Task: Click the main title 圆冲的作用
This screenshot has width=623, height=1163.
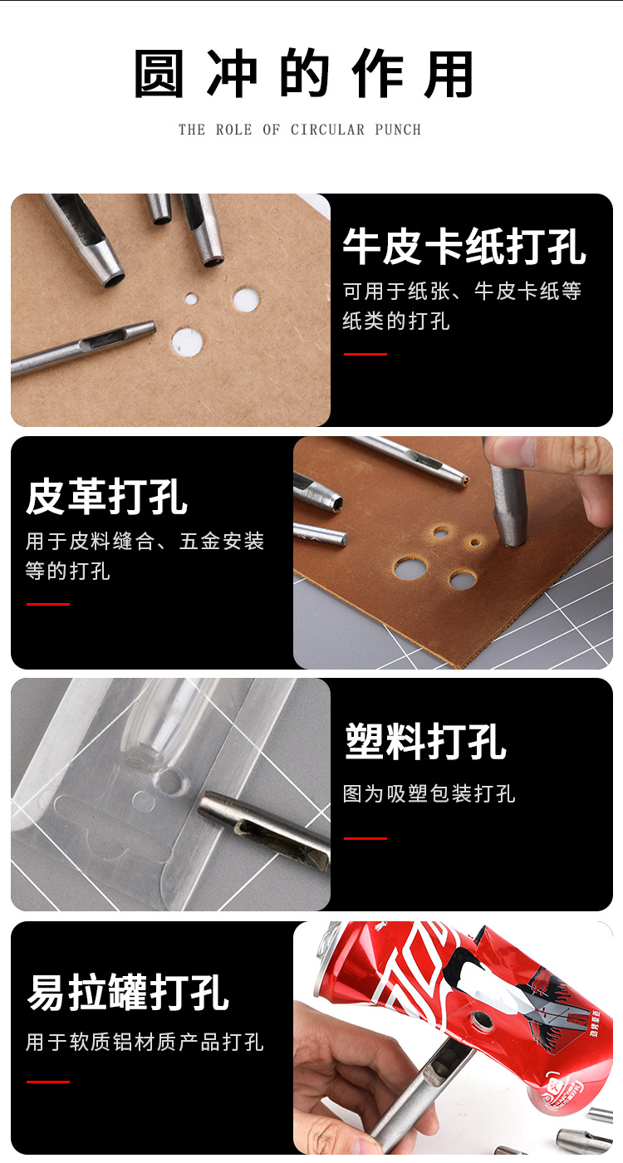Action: point(303,75)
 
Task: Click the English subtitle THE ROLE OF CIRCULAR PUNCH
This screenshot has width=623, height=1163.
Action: point(300,130)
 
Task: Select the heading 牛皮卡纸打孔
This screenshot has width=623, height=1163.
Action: point(464,247)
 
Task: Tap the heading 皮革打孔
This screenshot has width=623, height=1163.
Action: point(106,497)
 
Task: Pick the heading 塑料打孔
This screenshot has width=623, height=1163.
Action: point(425,741)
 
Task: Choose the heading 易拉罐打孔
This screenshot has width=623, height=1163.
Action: point(128,993)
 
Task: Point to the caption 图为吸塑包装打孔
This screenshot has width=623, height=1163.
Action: point(429,794)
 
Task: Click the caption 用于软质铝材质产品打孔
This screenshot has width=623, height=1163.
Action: point(145,1042)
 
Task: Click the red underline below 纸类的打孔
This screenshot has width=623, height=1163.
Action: point(365,354)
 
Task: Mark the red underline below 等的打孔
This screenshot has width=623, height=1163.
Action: point(47,604)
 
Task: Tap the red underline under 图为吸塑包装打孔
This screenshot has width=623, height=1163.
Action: point(365,838)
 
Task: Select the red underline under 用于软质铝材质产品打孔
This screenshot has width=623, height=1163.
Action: point(47,1082)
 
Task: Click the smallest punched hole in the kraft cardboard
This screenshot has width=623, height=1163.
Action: point(191,298)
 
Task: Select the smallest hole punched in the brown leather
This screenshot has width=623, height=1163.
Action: point(475,542)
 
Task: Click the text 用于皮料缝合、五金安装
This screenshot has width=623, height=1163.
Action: point(145,542)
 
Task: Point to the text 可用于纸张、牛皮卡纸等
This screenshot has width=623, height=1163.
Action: point(462,291)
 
